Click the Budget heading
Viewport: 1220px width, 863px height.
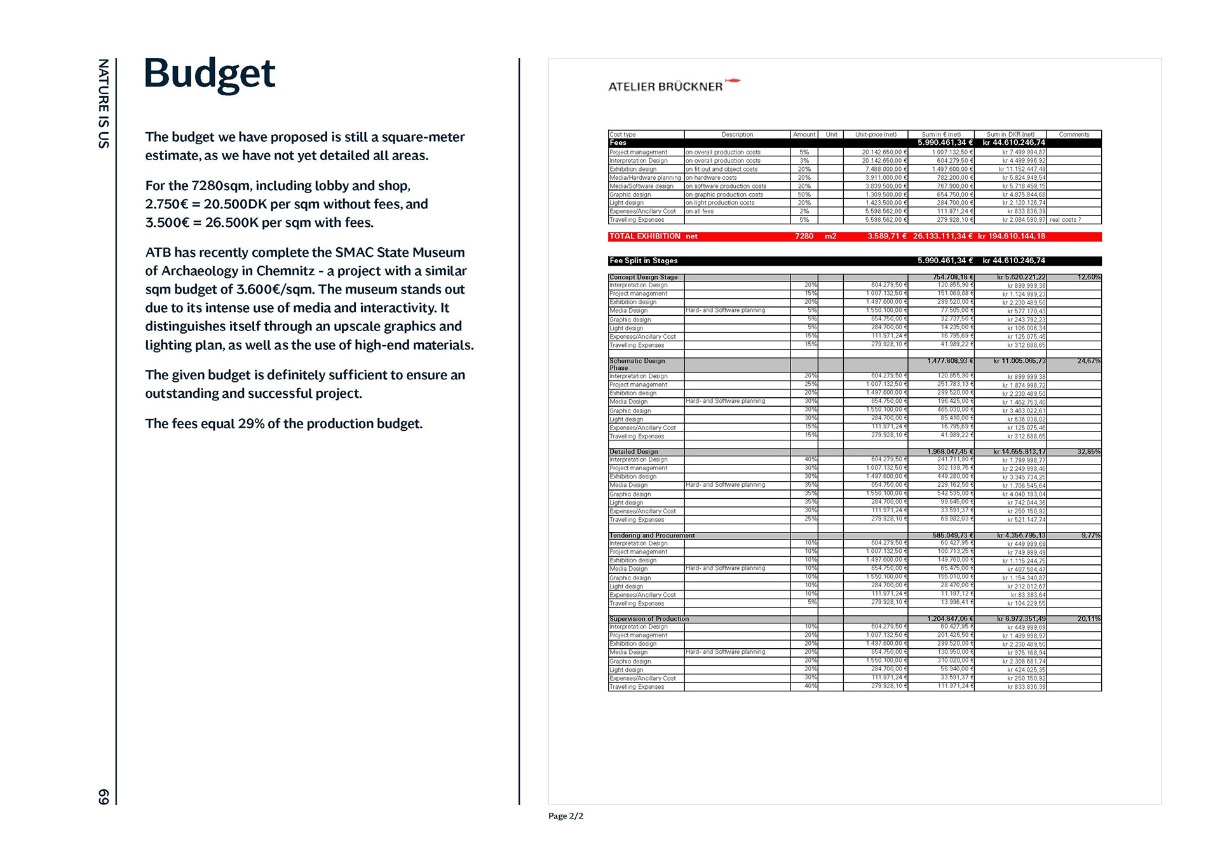pyautogui.click(x=210, y=74)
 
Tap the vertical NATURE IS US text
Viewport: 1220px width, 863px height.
pyautogui.click(x=104, y=104)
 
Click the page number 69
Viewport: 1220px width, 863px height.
pyautogui.click(x=104, y=796)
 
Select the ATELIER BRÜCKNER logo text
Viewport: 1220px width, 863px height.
pyautogui.click(x=665, y=86)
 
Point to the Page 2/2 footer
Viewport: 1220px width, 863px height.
pyautogui.click(x=566, y=816)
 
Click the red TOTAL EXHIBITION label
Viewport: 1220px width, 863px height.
pyautogui.click(x=644, y=236)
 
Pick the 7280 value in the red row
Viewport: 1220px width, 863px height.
pyautogui.click(x=804, y=236)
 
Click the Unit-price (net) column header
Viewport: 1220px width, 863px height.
pyautogui.click(x=876, y=135)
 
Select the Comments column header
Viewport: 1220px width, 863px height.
pyautogui.click(x=1074, y=135)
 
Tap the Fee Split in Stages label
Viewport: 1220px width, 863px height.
pyautogui.click(x=643, y=261)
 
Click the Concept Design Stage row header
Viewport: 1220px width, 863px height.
pyautogui.click(x=643, y=277)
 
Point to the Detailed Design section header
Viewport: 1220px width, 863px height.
pyautogui.click(x=634, y=452)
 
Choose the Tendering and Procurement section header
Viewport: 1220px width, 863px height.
pyautogui.click(x=652, y=536)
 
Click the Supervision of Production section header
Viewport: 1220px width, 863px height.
pyautogui.click(x=649, y=619)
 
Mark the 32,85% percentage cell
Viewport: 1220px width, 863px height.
pyautogui.click(x=1088, y=452)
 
